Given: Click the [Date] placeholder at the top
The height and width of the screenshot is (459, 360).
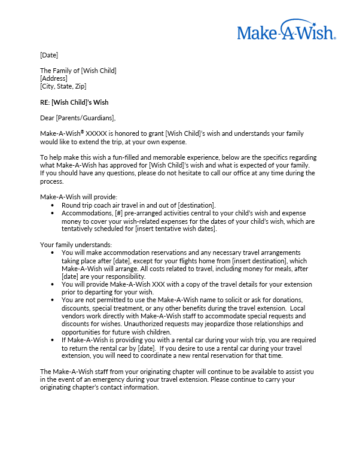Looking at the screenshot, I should (49, 55).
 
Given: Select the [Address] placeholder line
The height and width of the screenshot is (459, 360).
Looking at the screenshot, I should (54, 78).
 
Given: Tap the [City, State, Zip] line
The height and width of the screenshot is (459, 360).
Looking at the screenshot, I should (63, 86).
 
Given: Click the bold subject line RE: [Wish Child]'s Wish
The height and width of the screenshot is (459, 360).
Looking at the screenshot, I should (74, 102).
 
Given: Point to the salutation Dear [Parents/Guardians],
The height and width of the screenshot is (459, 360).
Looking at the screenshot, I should (78, 118).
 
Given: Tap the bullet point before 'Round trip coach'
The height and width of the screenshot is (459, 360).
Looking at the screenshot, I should (54, 205).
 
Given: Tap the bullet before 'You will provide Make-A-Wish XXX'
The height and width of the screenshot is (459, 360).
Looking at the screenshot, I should (54, 284).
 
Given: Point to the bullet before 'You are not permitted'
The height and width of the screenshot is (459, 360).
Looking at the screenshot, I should (54, 300).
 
